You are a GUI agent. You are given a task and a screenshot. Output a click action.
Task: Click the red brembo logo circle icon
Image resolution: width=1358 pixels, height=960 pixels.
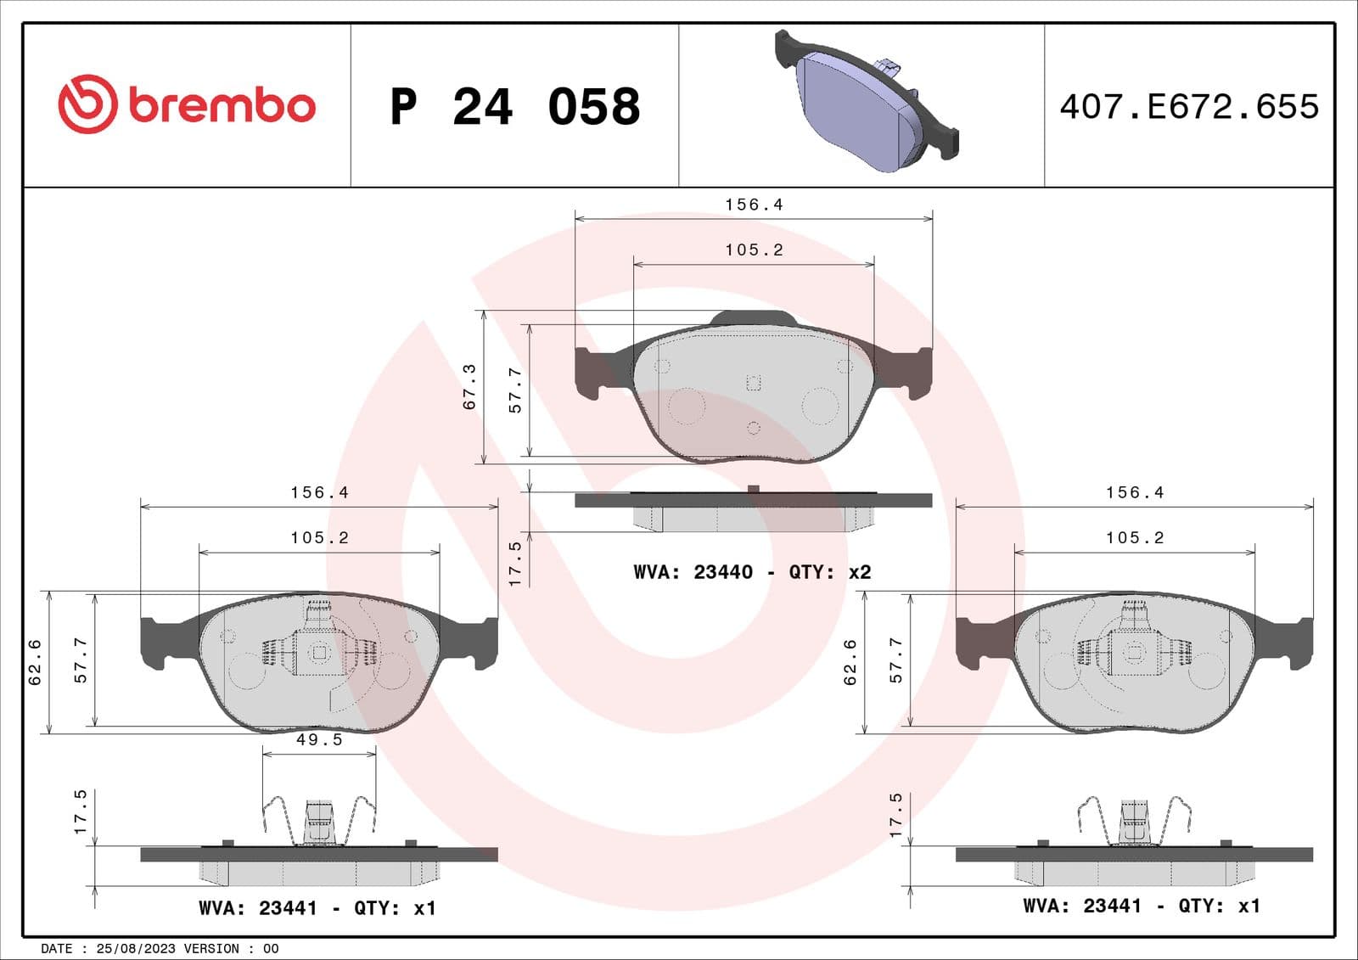click(87, 104)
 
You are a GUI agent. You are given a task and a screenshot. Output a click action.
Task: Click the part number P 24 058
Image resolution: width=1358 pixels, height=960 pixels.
click(514, 107)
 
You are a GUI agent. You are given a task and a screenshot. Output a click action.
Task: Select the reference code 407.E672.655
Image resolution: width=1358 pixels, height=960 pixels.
click(1189, 107)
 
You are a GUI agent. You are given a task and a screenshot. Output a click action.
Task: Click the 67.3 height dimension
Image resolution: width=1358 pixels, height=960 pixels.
click(469, 387)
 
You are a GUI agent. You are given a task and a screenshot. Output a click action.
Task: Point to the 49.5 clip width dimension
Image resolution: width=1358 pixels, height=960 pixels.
click(319, 740)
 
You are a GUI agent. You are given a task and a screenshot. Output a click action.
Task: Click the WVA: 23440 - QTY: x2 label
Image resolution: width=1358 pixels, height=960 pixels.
click(752, 572)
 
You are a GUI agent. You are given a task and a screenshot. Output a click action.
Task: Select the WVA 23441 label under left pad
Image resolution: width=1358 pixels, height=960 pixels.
click(317, 908)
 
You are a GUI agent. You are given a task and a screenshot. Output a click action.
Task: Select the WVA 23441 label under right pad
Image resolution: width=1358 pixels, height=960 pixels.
click(1141, 906)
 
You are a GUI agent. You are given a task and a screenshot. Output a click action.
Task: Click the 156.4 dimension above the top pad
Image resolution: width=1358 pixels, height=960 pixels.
click(754, 205)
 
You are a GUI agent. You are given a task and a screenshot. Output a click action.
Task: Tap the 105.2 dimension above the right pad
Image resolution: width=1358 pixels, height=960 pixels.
click(1135, 538)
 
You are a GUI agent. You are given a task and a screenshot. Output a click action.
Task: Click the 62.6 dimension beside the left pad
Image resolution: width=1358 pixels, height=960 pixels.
click(36, 662)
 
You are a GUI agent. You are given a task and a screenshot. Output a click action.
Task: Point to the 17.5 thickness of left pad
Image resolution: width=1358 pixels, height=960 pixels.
click(81, 811)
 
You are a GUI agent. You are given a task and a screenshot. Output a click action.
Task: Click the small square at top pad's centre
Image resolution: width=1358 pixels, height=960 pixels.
click(753, 383)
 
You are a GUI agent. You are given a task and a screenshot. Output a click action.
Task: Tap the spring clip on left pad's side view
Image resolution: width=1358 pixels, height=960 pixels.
click(318, 822)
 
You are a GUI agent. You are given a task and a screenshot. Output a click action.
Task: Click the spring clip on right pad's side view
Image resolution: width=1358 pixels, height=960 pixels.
click(1134, 821)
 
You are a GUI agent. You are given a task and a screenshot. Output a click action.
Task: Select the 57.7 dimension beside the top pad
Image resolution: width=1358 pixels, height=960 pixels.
click(515, 390)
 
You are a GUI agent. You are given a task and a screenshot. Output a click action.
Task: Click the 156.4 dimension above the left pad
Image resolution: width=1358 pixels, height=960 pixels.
click(319, 492)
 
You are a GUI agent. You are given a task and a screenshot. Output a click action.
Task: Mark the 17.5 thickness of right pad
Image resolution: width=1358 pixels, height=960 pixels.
click(895, 816)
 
